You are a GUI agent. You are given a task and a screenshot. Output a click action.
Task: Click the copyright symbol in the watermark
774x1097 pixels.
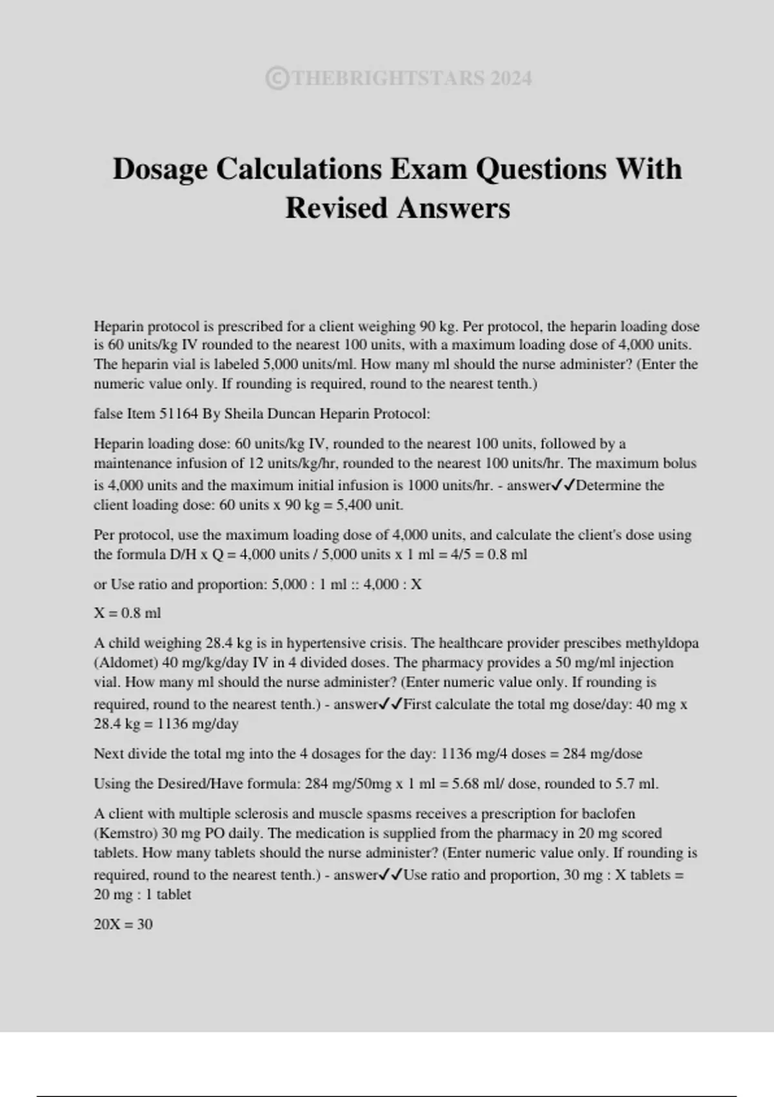click(x=277, y=79)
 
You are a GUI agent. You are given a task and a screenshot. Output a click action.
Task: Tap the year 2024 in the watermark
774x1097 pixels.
click(x=511, y=79)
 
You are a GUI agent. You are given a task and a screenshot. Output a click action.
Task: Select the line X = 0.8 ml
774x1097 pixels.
click(x=127, y=613)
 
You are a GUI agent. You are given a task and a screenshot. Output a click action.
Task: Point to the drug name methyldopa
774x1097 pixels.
click(x=662, y=643)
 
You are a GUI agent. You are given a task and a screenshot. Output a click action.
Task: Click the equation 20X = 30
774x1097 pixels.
click(x=123, y=925)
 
